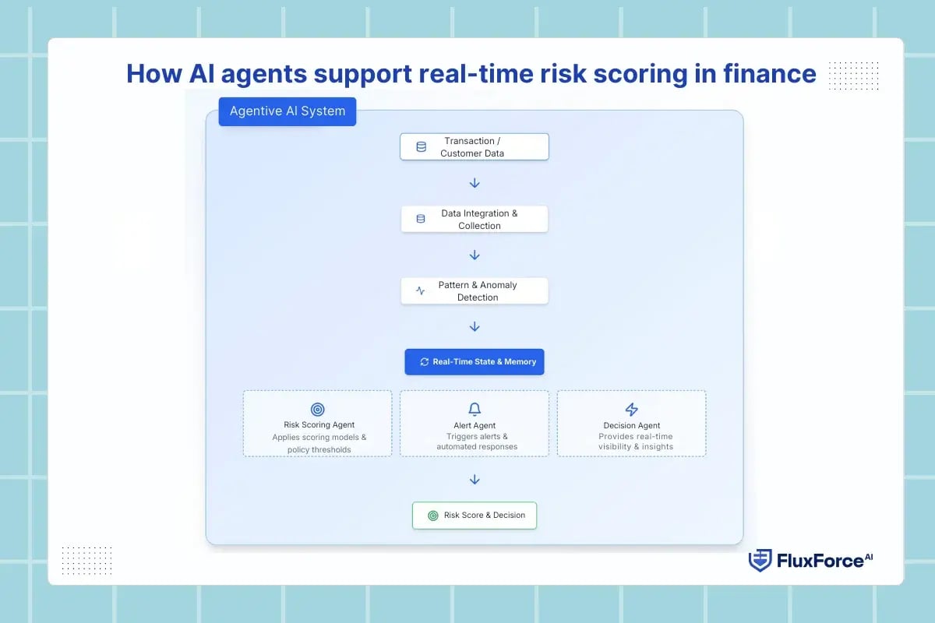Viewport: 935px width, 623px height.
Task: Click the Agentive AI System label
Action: (287, 111)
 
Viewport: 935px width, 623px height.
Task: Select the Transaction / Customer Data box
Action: (474, 147)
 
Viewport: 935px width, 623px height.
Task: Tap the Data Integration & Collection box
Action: (474, 220)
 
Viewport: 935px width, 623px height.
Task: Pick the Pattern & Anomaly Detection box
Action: (474, 291)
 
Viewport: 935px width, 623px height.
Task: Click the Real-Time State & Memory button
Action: (474, 362)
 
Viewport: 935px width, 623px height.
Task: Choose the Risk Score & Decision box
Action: (474, 516)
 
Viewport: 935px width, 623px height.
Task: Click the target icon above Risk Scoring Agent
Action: (317, 410)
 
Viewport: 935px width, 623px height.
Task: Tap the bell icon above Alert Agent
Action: (475, 410)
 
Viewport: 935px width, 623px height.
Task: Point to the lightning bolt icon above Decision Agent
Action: (632, 410)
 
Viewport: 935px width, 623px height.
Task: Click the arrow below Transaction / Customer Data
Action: (475, 183)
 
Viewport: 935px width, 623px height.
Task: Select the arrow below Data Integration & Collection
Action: (475, 255)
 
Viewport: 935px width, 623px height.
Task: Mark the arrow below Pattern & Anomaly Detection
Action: (475, 327)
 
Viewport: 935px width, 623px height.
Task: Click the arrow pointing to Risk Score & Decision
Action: (475, 480)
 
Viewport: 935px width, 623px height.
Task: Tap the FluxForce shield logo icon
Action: (760, 561)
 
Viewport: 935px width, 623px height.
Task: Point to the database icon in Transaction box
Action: (421, 147)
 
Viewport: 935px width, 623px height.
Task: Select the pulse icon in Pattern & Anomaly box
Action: (421, 291)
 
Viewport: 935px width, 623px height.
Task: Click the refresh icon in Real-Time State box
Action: (424, 362)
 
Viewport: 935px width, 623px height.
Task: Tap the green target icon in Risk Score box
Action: (432, 516)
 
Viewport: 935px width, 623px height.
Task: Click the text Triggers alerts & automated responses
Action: (477, 442)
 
